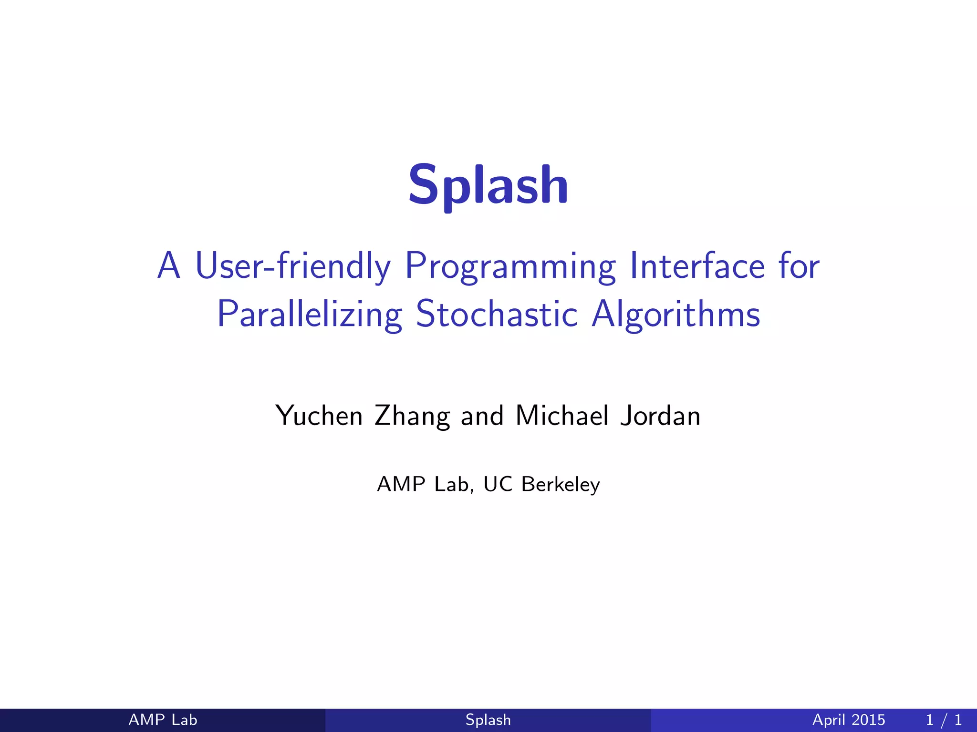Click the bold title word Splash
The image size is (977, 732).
coord(488,185)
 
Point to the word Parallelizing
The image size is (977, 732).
coord(310,315)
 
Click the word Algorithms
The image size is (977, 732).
coord(676,315)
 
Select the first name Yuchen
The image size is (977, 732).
coord(319,416)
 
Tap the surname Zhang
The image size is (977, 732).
coord(412,416)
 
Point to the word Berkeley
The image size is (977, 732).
coord(561,484)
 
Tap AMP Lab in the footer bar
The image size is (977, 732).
coord(163,720)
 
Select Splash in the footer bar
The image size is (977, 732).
coord(488,720)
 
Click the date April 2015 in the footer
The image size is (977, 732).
coord(849,720)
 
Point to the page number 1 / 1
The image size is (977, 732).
coord(944,720)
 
